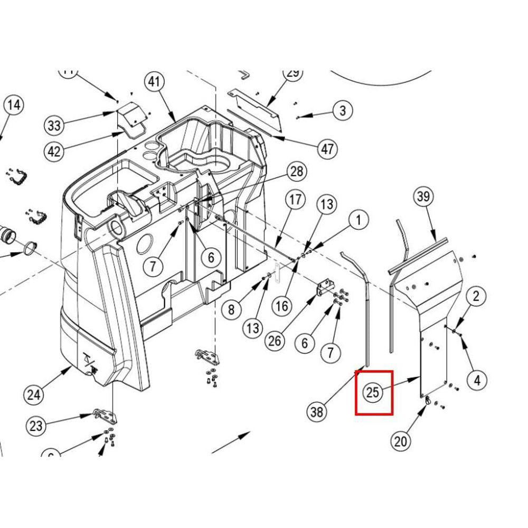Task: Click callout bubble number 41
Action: point(154,82)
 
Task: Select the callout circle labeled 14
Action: point(13,105)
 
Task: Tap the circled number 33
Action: point(54,126)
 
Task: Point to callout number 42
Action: point(54,152)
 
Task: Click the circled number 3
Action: point(343,110)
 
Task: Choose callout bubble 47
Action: point(327,149)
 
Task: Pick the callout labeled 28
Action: point(297,172)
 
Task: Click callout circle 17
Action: point(296,200)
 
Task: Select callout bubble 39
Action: point(422,197)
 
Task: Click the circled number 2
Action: point(476,296)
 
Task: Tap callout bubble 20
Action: point(401,440)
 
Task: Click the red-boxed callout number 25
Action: point(373,392)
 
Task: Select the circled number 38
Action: point(317,411)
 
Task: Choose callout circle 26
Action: point(275,341)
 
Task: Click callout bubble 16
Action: point(283,305)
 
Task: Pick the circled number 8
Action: point(231,309)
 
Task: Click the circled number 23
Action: point(35,426)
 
